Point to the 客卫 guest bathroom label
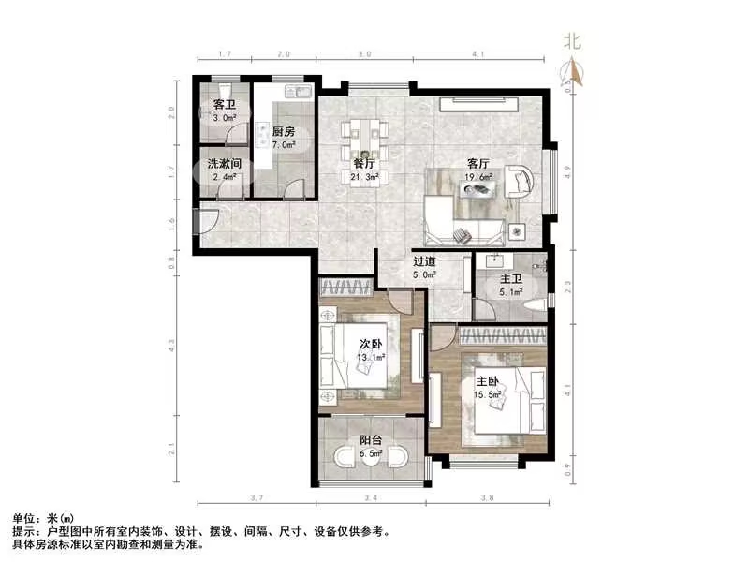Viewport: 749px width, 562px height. coord(224,105)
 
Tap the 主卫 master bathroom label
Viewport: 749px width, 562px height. coord(509,279)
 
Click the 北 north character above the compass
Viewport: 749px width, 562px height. coord(572,41)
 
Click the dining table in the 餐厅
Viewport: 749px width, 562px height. coord(361,140)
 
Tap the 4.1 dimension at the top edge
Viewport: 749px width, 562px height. coord(478,55)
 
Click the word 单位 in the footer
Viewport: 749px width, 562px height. coord(25,518)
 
